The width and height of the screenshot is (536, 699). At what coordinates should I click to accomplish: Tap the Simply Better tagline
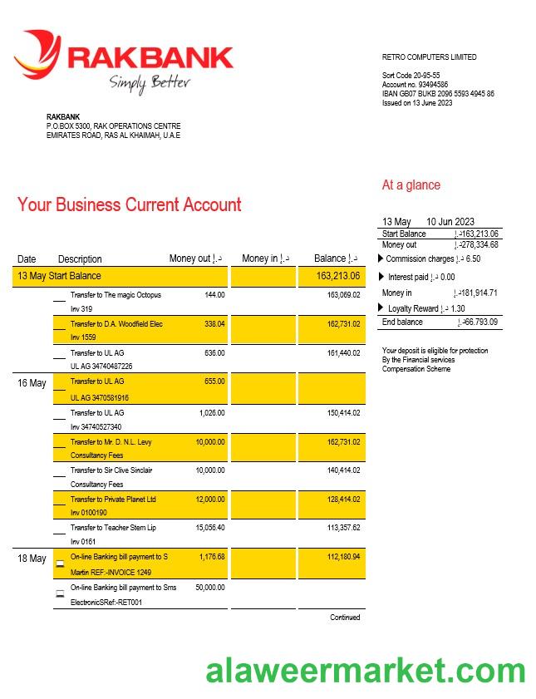click(150, 82)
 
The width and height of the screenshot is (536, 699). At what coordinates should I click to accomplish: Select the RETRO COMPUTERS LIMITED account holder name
click(429, 57)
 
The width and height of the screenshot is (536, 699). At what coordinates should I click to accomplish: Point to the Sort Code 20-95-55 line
click(411, 76)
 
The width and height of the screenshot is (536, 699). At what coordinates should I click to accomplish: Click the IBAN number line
click(438, 94)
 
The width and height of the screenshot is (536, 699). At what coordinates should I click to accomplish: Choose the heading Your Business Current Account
click(130, 204)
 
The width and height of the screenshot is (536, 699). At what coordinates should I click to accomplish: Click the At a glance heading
click(411, 185)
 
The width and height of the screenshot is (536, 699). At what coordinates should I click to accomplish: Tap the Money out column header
click(195, 258)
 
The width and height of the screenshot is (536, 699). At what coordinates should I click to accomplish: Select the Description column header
click(80, 259)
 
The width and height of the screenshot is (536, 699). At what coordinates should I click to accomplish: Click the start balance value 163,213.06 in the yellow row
click(338, 276)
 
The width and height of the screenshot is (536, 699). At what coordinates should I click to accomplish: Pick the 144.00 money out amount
click(214, 295)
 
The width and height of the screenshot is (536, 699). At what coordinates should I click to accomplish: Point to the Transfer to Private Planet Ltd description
click(113, 500)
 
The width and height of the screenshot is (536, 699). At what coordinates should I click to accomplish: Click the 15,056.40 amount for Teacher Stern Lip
click(209, 528)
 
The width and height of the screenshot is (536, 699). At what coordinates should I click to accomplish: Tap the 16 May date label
click(32, 383)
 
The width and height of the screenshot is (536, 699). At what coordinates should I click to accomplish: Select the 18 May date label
click(32, 559)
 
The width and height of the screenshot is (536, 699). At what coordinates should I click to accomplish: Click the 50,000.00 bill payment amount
click(209, 587)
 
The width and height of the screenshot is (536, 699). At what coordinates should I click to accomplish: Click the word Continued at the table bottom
click(345, 618)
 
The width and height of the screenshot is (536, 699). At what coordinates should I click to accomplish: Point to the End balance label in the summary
click(402, 322)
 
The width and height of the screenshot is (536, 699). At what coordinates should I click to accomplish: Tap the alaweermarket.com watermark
click(366, 670)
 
